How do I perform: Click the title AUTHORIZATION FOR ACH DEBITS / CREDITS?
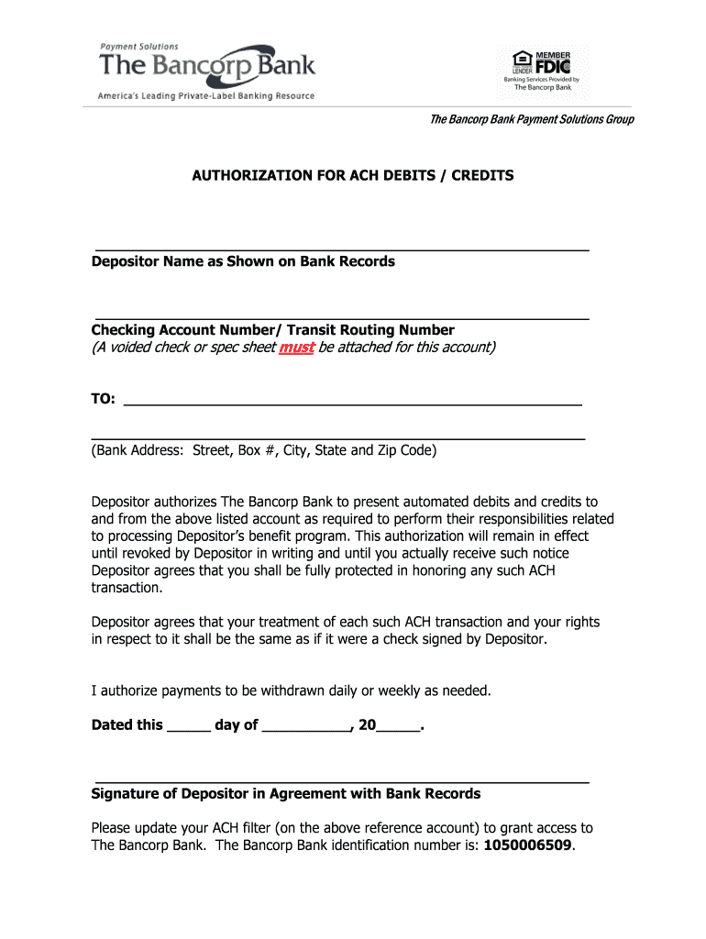353,174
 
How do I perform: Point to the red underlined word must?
296,347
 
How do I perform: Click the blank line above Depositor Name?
339,249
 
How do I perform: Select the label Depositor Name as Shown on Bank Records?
243,261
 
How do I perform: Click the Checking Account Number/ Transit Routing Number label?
272,330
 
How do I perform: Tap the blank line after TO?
353,403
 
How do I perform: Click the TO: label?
103,399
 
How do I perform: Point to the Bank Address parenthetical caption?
264,450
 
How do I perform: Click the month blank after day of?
306,728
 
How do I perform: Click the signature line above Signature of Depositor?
339,782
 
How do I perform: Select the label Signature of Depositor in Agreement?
286,793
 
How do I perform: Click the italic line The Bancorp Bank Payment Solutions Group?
532,120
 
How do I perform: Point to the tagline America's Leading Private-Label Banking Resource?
206,96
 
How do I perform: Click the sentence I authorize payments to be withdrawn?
292,690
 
